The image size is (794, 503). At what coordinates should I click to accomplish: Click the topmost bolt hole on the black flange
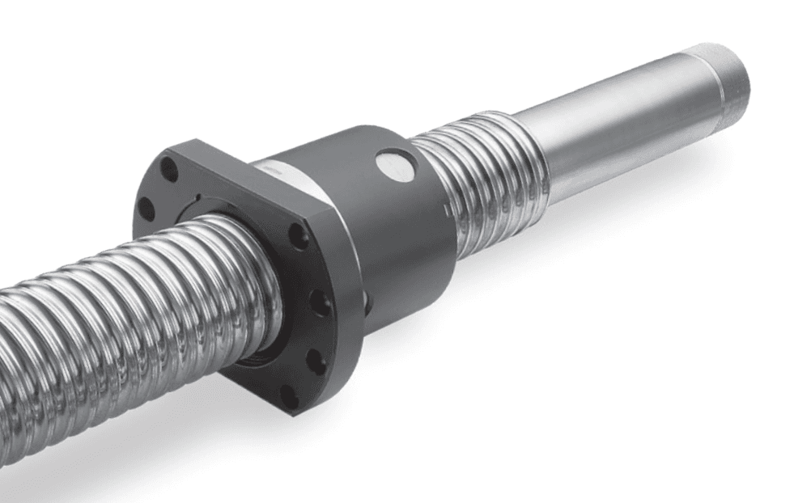168,170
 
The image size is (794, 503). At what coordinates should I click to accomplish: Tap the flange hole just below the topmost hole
146,208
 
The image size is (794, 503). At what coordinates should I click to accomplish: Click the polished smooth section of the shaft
615,129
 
